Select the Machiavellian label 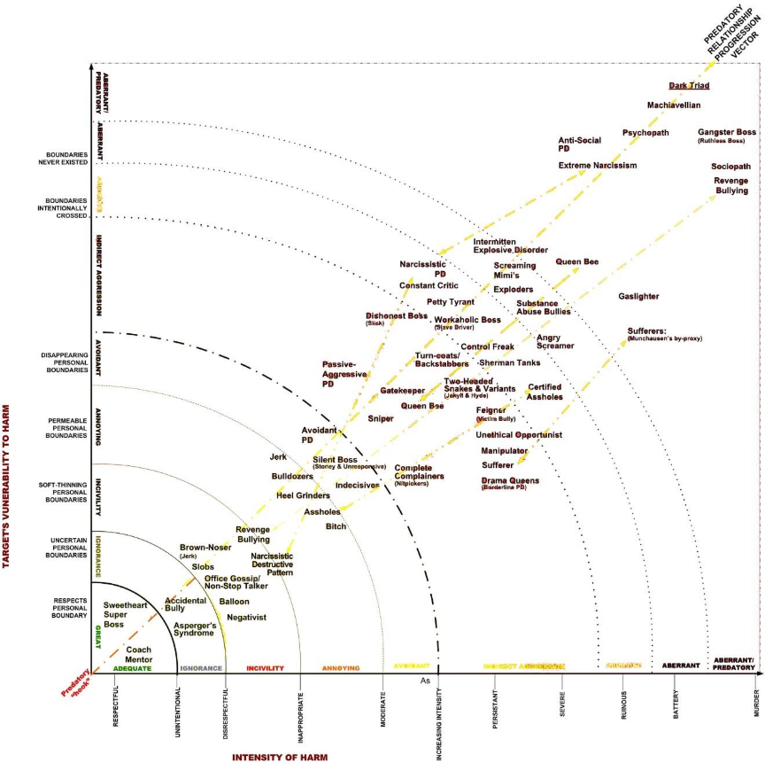tap(675, 105)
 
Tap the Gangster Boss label tap(726, 132)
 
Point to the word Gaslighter tap(638, 296)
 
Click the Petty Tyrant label tap(451, 302)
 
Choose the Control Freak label tap(487, 346)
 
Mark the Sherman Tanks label tap(509, 363)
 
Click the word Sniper tap(381, 418)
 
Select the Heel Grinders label tap(303, 495)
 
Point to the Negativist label tap(245, 617)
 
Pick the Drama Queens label tap(510, 481)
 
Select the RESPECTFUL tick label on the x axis tap(115, 706)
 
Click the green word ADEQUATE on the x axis tap(133, 668)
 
